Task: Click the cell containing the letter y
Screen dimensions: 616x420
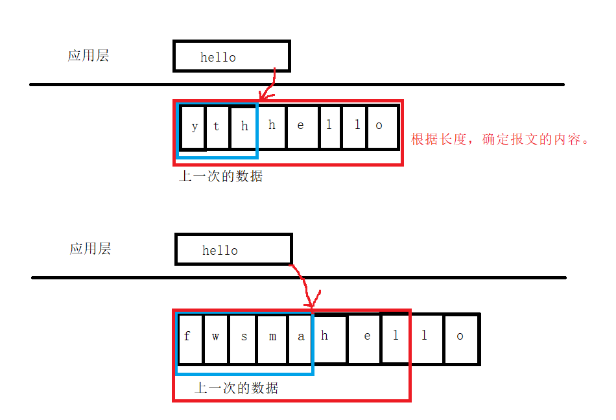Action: (x=194, y=126)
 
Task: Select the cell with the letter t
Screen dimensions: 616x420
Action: (x=217, y=126)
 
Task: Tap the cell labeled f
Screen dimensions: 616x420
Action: (x=189, y=338)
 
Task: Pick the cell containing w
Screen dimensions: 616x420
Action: (x=216, y=338)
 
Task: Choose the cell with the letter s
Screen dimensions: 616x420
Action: (x=243, y=338)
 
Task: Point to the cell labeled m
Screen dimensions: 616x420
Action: (x=272, y=338)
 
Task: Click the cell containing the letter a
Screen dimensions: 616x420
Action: (x=300, y=338)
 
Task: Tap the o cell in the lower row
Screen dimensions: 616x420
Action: (x=461, y=338)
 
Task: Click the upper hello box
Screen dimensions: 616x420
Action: (x=231, y=56)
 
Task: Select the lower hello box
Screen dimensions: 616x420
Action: (x=233, y=250)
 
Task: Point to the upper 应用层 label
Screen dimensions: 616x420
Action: (x=88, y=55)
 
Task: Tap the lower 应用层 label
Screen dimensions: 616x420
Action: (x=90, y=248)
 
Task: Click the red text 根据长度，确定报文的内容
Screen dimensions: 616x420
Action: (x=499, y=139)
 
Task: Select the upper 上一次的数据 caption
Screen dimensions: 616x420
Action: (x=220, y=176)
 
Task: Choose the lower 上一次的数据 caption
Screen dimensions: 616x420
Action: (x=237, y=388)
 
